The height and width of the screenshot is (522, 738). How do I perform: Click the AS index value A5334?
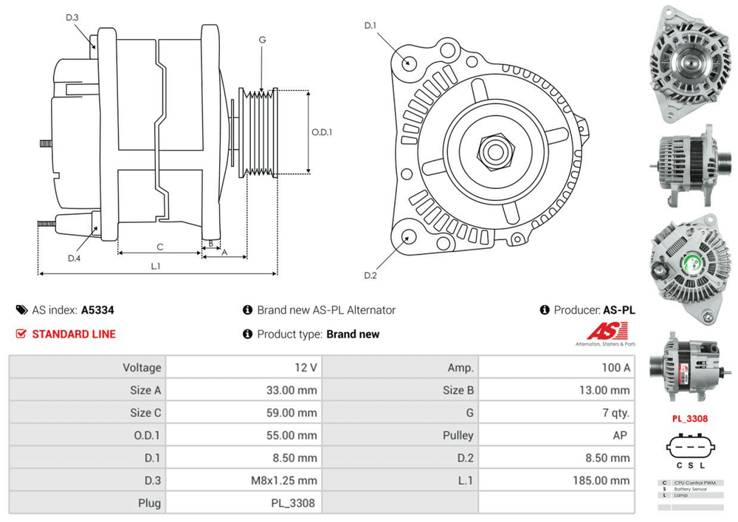point(97,311)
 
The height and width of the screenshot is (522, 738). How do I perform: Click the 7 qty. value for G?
point(615,413)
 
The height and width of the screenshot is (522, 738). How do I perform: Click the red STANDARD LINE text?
point(74,334)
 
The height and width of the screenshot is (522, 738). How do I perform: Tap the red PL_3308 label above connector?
point(689,419)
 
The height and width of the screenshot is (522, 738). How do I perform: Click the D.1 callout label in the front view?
point(370,26)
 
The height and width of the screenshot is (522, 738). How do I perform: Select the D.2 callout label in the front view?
point(370,275)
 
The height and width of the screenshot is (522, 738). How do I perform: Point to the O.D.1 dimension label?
point(322,132)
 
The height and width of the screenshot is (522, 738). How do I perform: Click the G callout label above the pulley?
point(262,39)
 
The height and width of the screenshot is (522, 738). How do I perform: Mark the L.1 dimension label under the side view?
point(156,266)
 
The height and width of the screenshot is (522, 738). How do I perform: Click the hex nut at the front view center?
point(491,151)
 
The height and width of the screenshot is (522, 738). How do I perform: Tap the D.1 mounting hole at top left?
point(408,61)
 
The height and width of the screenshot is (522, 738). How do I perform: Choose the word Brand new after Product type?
point(353,334)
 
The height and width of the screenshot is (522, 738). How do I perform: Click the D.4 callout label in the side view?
point(74,258)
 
